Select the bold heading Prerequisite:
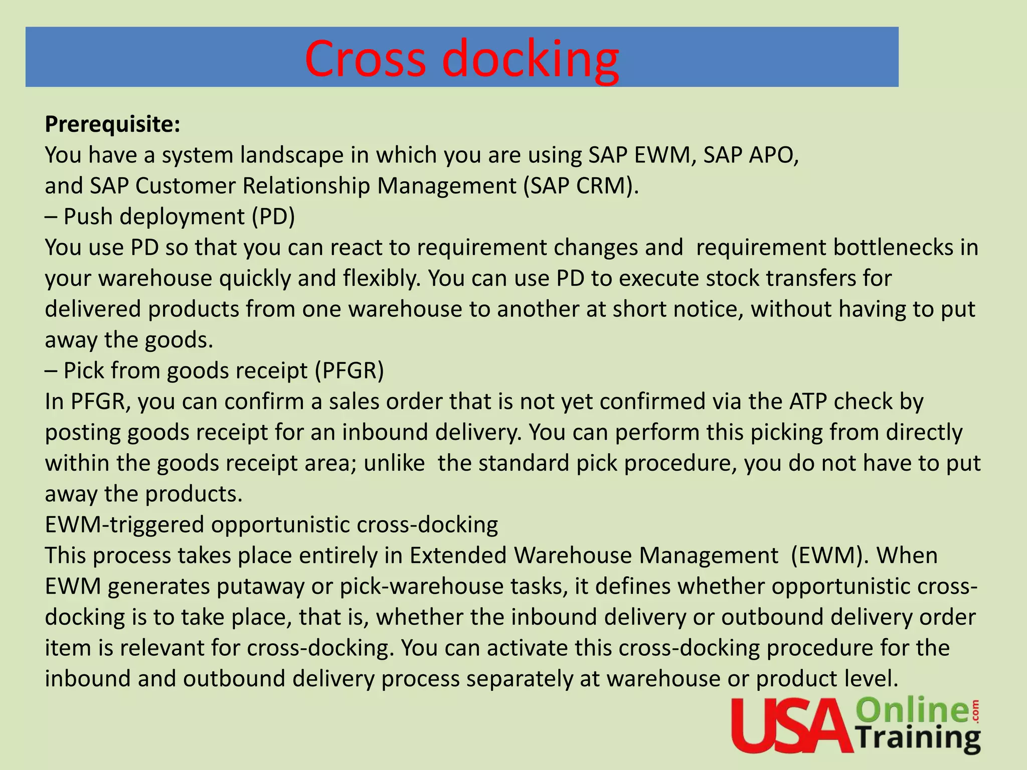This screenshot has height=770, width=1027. [x=112, y=124]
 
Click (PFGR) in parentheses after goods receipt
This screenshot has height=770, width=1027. [x=349, y=371]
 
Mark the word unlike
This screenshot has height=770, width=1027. [x=394, y=463]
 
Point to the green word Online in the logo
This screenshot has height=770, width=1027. [x=913, y=711]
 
